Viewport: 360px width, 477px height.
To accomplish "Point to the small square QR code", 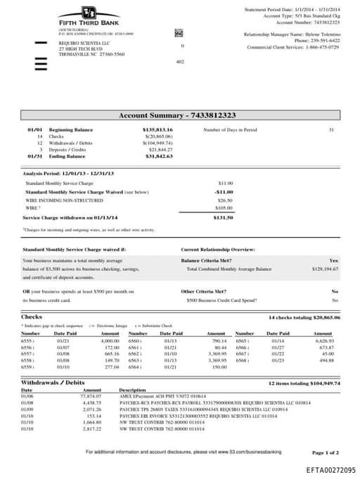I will (179, 33).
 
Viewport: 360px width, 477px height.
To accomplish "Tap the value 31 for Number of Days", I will (331, 130).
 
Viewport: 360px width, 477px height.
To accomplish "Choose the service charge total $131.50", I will (223, 217).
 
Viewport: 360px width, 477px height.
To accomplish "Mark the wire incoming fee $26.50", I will (225, 200).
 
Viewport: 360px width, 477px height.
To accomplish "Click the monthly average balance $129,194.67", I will (325, 269).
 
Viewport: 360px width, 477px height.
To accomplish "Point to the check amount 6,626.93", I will (323, 341).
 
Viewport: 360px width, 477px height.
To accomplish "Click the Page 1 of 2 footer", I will (325, 452).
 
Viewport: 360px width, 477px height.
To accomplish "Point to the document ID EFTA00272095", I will (330, 469).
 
